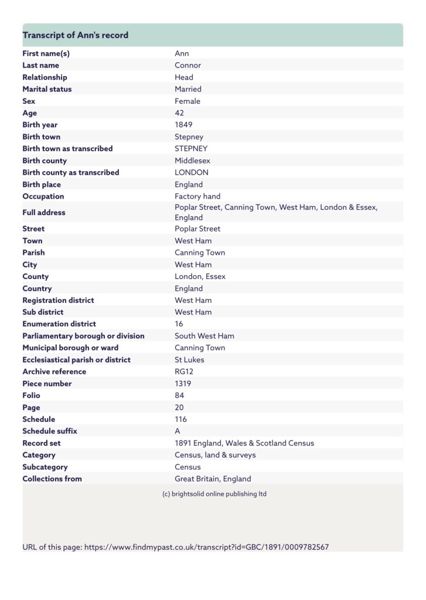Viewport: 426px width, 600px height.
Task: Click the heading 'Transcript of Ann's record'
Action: pyautogui.click(x=75, y=35)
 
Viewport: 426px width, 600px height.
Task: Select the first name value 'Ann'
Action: pyautogui.click(x=182, y=53)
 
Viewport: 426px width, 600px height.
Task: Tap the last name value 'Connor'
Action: pyautogui.click(x=188, y=65)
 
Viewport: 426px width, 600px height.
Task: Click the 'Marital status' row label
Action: pyautogui.click(x=47, y=89)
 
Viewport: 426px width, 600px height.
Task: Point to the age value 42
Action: pyautogui.click(x=179, y=113)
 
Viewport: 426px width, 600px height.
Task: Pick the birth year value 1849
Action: pyautogui.click(x=183, y=125)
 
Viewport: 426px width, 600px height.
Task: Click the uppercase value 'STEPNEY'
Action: pyautogui.click(x=191, y=149)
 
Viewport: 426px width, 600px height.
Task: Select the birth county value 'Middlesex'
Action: pyautogui.click(x=192, y=161)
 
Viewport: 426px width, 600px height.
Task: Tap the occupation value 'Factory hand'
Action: pyautogui.click(x=197, y=196)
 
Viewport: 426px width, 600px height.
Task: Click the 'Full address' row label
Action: pyautogui.click(x=44, y=212)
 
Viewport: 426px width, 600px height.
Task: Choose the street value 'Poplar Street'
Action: pyautogui.click(x=197, y=229)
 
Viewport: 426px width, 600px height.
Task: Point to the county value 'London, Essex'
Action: pyautogui.click(x=200, y=277)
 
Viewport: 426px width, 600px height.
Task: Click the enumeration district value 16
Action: pyautogui.click(x=179, y=324)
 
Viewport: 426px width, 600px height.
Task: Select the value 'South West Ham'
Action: pyautogui.click(x=205, y=336)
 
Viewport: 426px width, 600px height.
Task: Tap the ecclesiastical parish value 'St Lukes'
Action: pyautogui.click(x=189, y=360)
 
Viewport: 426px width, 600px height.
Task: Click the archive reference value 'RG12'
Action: pyautogui.click(x=184, y=371)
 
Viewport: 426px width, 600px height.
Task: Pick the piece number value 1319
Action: pyautogui.click(x=183, y=384)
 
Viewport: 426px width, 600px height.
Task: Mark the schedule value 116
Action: pyautogui.click(x=181, y=420)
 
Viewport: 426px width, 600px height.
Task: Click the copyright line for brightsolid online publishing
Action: pyautogui.click(x=214, y=494)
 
